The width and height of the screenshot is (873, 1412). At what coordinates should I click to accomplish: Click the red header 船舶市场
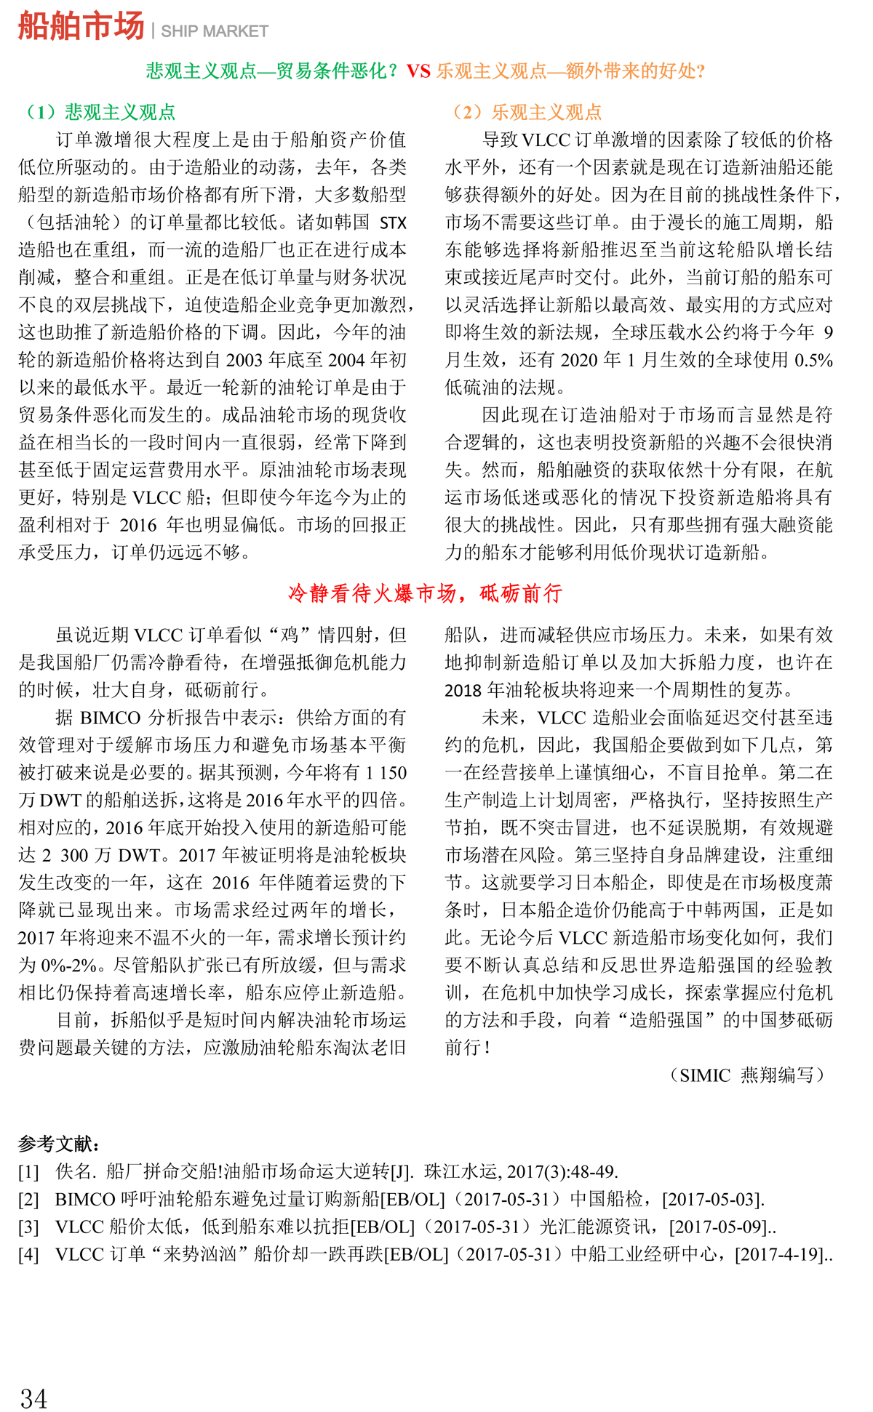point(81,27)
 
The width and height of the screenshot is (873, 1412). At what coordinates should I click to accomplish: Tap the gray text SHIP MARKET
point(215,31)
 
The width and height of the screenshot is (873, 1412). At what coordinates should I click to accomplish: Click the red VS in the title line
point(418,71)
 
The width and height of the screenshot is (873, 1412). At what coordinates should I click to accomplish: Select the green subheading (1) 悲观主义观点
point(100,112)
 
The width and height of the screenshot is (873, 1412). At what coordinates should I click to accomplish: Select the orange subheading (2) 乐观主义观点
point(527,112)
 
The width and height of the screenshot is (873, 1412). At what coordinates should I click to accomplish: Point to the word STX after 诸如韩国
point(393,222)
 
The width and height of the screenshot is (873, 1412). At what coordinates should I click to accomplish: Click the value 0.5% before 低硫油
point(813,360)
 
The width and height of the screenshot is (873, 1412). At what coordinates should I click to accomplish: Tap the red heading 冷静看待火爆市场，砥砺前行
point(426,593)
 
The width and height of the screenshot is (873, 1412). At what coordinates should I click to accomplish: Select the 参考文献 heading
point(59,1144)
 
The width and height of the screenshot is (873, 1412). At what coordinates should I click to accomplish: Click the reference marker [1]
point(28,1172)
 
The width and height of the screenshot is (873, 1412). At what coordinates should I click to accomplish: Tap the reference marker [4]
point(28,1255)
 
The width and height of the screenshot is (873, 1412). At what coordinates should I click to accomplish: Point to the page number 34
point(34,1397)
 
